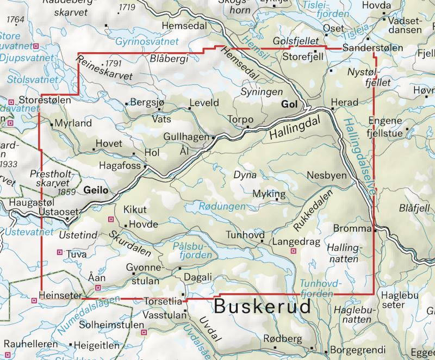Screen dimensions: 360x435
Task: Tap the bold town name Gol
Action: click(x=290, y=104)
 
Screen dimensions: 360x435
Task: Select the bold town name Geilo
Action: click(x=96, y=190)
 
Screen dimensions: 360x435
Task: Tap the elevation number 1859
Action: click(x=66, y=192)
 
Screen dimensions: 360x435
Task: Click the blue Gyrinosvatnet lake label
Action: click(x=147, y=41)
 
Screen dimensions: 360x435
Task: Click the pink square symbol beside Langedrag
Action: click(x=294, y=251)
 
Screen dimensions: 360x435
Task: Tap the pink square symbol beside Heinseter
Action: click(x=34, y=299)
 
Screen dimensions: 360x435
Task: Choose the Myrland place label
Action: click(x=73, y=123)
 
